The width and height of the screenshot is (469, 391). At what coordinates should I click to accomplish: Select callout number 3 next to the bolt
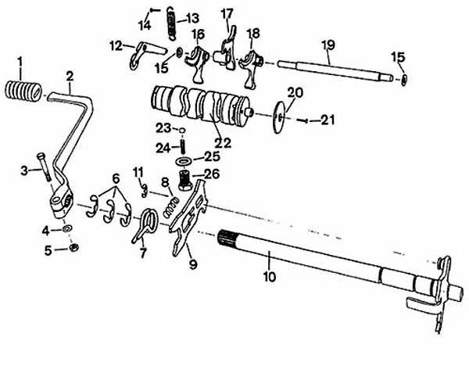pos(25,169)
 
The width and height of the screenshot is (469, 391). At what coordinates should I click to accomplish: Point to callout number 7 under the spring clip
pos(143,254)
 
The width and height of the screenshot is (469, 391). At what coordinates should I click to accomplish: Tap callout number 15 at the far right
pos(399,57)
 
